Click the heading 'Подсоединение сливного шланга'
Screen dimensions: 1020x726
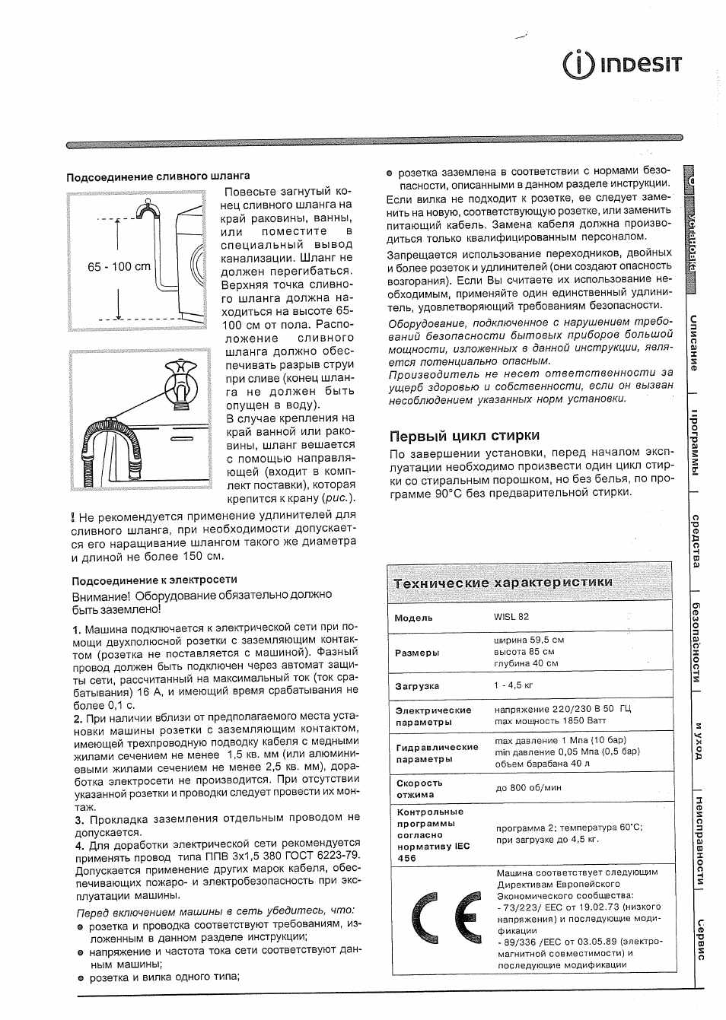click(158, 176)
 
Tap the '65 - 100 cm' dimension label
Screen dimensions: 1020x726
click(119, 267)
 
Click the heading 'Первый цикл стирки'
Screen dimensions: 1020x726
click(464, 436)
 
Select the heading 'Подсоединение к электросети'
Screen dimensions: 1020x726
click(154, 580)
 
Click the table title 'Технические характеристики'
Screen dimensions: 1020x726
click(503, 583)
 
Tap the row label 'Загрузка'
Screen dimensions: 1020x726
click(417, 686)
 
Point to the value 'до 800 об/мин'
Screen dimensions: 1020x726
click(528, 789)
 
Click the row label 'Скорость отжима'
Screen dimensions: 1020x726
click(419, 789)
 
